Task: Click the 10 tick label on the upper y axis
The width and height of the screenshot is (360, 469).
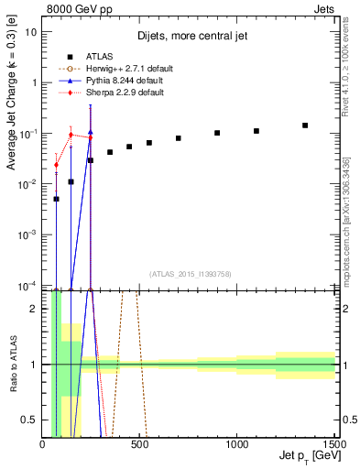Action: [x=31, y=31]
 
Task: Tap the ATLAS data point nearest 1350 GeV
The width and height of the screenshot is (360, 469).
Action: [x=305, y=125]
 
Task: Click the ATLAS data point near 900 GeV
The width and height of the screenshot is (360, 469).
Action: [x=217, y=133]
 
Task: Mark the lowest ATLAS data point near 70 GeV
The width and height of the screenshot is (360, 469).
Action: [x=56, y=199]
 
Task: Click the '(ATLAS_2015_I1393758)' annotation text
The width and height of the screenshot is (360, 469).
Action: [x=189, y=273]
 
